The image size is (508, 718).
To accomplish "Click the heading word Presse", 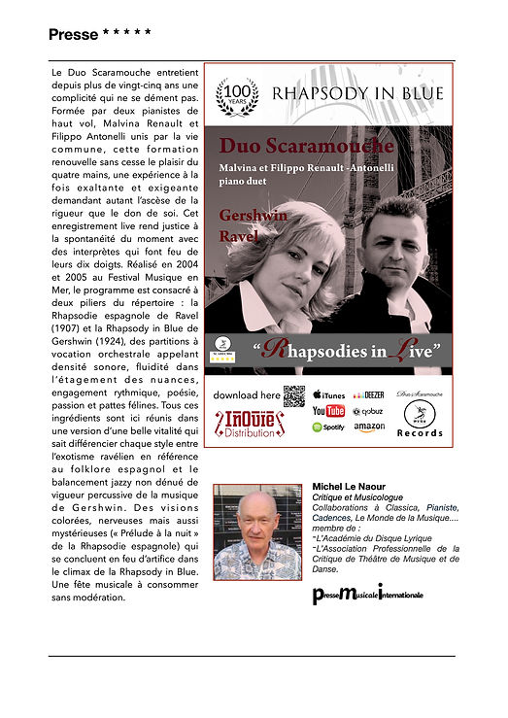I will tap(73, 35).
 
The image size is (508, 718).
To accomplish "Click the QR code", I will tap(294, 395).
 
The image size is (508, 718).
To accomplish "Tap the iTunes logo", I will tap(329, 395).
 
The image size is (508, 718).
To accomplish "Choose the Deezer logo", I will tap(368, 395).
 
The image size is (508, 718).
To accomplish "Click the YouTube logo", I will tap(328, 411).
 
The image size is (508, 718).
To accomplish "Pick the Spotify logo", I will tap(328, 427).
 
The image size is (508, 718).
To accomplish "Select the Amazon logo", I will tap(369, 427).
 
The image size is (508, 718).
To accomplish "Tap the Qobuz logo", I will tap(369, 411).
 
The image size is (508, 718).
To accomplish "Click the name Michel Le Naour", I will tap(349, 486).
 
